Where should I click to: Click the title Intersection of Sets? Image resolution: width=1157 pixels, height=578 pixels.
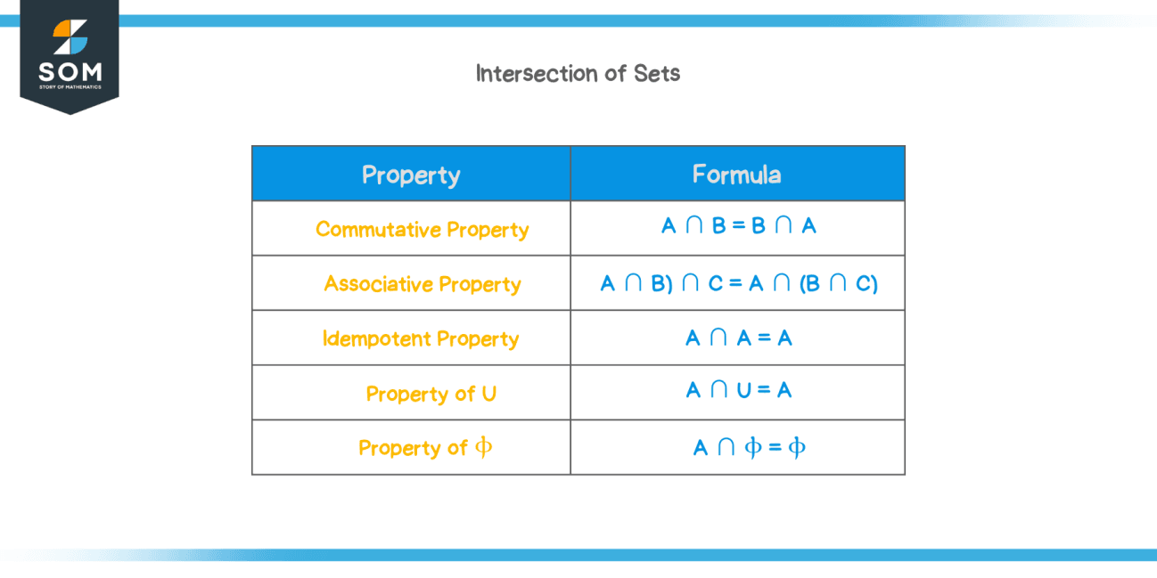coord(578,73)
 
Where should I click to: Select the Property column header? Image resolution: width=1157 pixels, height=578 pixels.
coord(411,175)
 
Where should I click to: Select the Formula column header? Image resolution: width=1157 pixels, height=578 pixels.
coord(736,174)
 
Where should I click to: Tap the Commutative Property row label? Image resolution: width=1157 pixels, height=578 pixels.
coord(422,230)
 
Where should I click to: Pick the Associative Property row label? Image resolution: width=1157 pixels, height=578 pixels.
coord(422,284)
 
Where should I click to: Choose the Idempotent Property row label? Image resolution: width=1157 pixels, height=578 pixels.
coord(420,339)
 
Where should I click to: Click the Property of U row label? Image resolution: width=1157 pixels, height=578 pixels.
coord(431,394)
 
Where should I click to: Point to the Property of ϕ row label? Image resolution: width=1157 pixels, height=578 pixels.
coord(424,447)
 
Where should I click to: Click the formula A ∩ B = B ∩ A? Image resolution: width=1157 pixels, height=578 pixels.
coord(738,226)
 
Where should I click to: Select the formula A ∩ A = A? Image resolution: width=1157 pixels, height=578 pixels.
coord(738,338)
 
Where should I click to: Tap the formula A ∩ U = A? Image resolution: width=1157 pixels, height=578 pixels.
coord(738,390)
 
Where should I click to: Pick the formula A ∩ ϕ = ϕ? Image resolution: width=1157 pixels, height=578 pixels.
coord(749,447)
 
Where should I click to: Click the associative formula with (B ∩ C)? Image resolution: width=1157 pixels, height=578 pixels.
coord(739,284)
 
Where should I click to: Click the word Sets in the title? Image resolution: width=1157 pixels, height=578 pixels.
coord(657,73)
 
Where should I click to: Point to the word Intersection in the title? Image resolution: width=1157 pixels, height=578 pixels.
coord(537,73)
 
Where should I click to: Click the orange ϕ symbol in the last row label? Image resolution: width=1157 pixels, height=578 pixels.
coord(483,447)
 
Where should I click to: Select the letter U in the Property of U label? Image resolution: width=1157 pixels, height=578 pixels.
coord(488,394)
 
